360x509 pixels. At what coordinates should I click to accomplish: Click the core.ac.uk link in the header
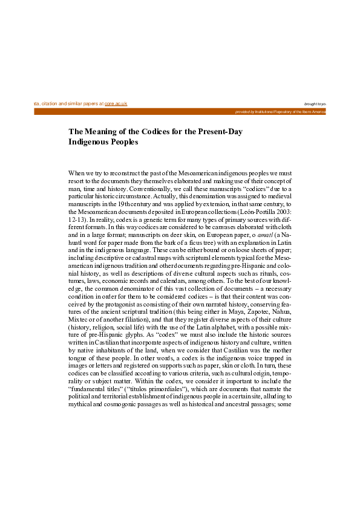click(116, 104)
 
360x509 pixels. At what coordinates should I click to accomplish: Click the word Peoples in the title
click(123, 143)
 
